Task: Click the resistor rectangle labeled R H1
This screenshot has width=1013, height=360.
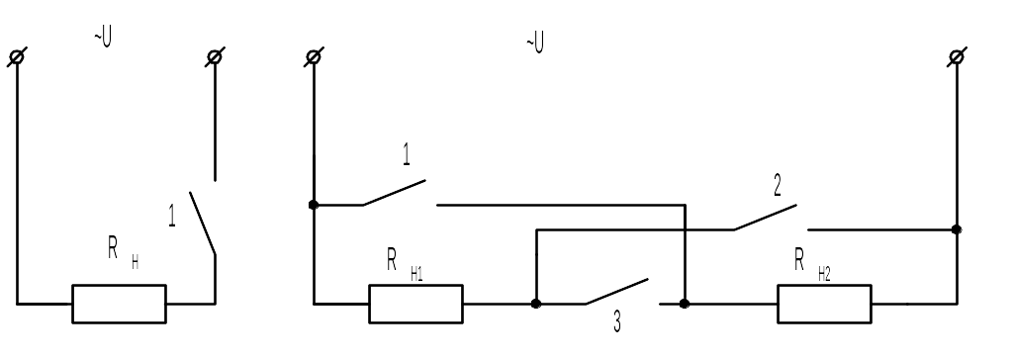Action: pyautogui.click(x=416, y=304)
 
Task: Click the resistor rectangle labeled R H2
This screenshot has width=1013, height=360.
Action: pyautogui.click(x=824, y=304)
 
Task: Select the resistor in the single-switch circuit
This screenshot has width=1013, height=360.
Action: pyautogui.click(x=119, y=304)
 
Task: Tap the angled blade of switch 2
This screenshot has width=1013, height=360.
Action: pyautogui.click(x=765, y=218)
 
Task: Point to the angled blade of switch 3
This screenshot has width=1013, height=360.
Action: pyautogui.click(x=617, y=292)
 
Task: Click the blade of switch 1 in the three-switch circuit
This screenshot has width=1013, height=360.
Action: pyautogui.click(x=394, y=193)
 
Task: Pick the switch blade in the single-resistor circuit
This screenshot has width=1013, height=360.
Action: pyautogui.click(x=202, y=223)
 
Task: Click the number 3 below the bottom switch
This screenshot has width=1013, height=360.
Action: pyautogui.click(x=617, y=321)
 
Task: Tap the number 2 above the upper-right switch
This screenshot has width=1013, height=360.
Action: pyautogui.click(x=778, y=186)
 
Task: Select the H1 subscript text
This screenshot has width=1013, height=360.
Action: pyautogui.click(x=416, y=274)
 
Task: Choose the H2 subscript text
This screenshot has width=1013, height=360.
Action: pyautogui.click(x=824, y=274)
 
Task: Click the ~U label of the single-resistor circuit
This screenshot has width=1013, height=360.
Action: pyautogui.click(x=103, y=38)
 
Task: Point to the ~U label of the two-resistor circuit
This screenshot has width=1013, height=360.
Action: pyautogui.click(x=535, y=44)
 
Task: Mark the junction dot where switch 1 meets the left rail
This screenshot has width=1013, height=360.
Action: pyautogui.click(x=314, y=205)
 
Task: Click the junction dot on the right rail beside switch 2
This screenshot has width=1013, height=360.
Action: pyautogui.click(x=957, y=229)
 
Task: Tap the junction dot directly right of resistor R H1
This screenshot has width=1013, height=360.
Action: pyautogui.click(x=536, y=304)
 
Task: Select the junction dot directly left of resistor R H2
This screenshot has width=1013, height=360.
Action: pyautogui.click(x=685, y=304)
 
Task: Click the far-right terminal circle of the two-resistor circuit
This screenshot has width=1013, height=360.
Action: pyautogui.click(x=957, y=57)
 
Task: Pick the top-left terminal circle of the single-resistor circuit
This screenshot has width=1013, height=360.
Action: pyautogui.click(x=17, y=57)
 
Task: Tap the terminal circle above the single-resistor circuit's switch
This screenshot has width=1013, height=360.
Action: pyautogui.click(x=215, y=57)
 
